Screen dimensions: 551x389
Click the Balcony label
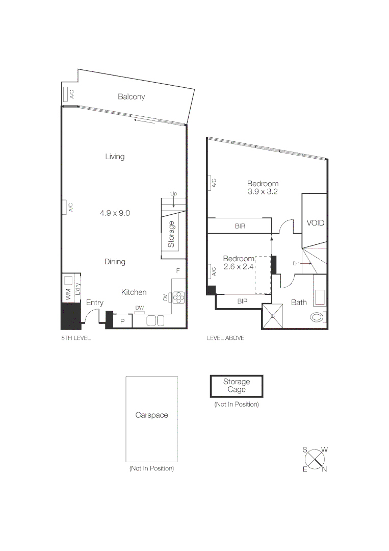point(131,96)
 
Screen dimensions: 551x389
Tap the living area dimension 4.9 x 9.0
point(115,213)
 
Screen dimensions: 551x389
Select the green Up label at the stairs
point(173,194)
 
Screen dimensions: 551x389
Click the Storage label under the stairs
point(171,234)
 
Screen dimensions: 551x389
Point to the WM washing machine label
point(67,294)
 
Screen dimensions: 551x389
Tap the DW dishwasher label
point(139,308)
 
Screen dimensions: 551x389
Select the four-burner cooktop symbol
point(178,296)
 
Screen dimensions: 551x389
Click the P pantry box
point(122,321)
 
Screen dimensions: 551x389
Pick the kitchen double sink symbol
point(155,320)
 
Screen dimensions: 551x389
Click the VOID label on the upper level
point(315,223)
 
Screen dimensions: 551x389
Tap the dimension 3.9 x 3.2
point(263,192)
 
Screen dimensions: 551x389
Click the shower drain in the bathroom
point(273,316)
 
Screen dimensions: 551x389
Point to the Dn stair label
point(296,263)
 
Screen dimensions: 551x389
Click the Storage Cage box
point(237,386)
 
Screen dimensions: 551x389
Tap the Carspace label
point(151,415)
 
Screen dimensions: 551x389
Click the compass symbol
point(315,459)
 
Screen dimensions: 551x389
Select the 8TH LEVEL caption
point(75,338)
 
